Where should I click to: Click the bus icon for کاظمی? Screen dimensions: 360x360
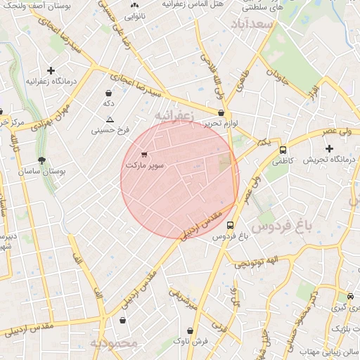tap(283, 150)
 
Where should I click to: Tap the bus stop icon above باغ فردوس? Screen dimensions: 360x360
tap(231, 226)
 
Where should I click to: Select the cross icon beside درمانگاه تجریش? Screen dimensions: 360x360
tap(329, 148)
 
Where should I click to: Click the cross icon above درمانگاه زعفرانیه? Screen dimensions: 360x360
tap(51, 70)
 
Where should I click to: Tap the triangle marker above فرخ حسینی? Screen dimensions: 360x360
tap(109, 120)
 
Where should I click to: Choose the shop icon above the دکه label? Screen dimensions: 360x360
tap(108, 93)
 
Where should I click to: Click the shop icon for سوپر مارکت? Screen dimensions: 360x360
tap(144, 154)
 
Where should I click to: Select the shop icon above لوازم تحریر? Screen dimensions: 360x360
tap(221, 112)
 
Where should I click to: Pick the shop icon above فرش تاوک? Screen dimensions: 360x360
tap(189, 330)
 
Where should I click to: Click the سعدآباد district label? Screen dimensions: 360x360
tap(255, 24)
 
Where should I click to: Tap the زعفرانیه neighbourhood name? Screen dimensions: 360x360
tap(172, 113)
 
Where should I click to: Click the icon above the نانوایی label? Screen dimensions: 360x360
tap(134, 6)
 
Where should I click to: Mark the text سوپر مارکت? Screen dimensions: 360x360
tap(145, 165)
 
